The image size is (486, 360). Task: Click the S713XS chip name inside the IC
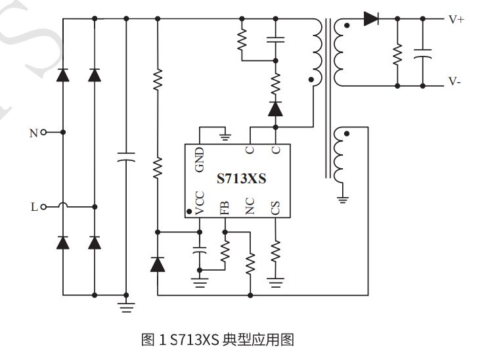(241, 179)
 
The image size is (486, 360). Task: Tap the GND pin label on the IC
(200, 160)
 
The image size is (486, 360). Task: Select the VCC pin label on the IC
(200, 203)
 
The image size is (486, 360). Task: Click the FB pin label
(225, 208)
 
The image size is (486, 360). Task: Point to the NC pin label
(250, 206)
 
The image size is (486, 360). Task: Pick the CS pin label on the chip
(275, 208)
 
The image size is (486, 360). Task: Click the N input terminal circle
(44, 133)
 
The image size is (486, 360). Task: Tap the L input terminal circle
(44, 207)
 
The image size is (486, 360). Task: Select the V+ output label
(456, 20)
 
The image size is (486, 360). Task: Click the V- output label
(454, 81)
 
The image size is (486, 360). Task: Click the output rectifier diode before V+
(370, 19)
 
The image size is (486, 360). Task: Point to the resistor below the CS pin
(275, 250)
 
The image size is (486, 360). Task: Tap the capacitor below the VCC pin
(200, 250)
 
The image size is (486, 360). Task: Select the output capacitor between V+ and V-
(423, 53)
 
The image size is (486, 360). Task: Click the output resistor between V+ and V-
(397, 55)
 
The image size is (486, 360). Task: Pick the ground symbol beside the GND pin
(225, 137)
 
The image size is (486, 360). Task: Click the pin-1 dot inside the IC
(189, 212)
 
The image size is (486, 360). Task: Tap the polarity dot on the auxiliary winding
(347, 133)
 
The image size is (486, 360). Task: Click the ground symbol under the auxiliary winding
(342, 200)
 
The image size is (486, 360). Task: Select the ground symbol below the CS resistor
(275, 282)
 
